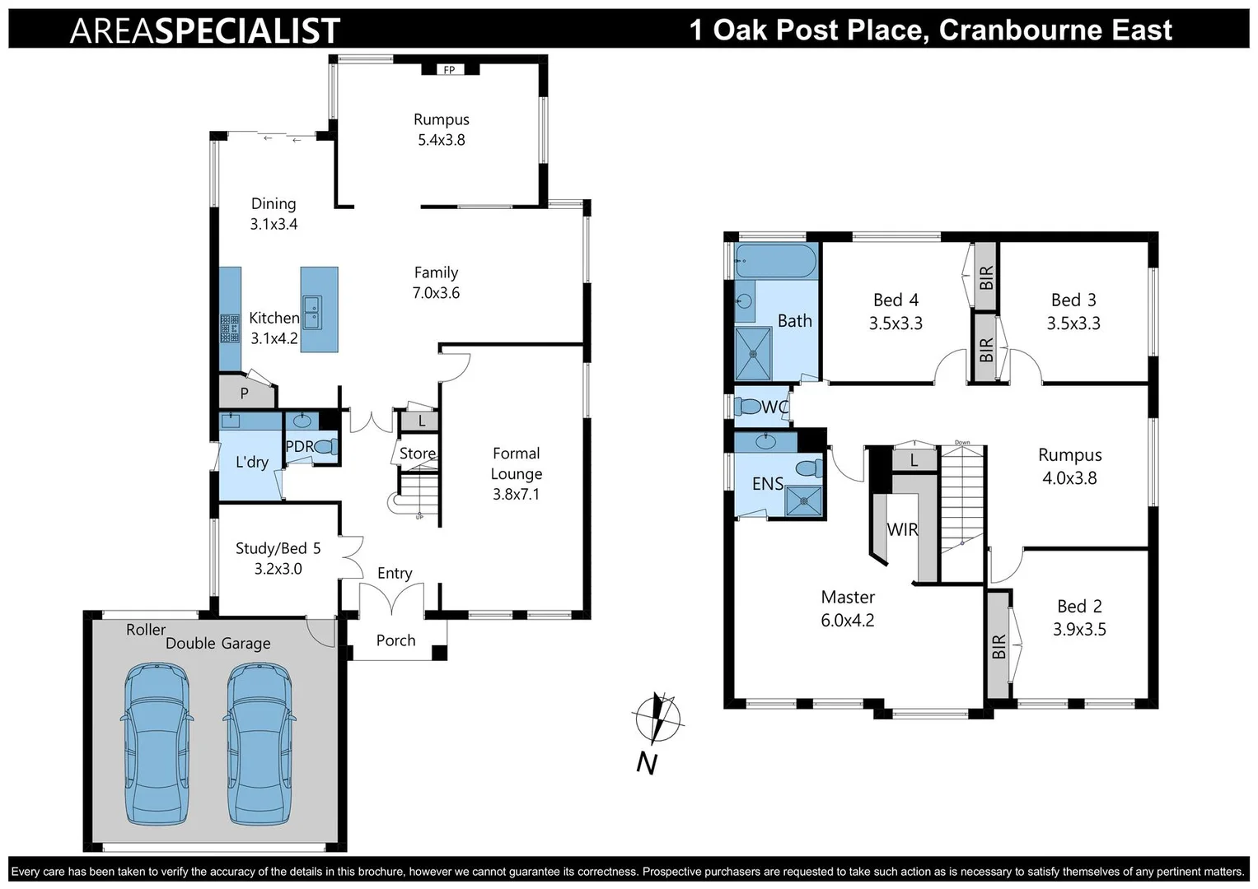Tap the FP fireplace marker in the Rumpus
[x=449, y=70]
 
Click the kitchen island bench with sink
[x=319, y=310]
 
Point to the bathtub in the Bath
[x=775, y=262]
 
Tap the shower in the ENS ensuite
[x=803, y=501]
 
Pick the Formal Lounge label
[x=516, y=473]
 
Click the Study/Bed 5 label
[x=278, y=558]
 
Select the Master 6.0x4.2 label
[x=847, y=608]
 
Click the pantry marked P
[x=245, y=393]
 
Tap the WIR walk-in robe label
[x=902, y=529]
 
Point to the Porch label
[x=395, y=640]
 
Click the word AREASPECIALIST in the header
[x=205, y=30]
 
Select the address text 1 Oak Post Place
[x=930, y=30]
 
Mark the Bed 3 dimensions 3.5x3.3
[x=1073, y=323]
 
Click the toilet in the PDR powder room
[x=325, y=447]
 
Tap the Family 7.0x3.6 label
[x=436, y=282]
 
